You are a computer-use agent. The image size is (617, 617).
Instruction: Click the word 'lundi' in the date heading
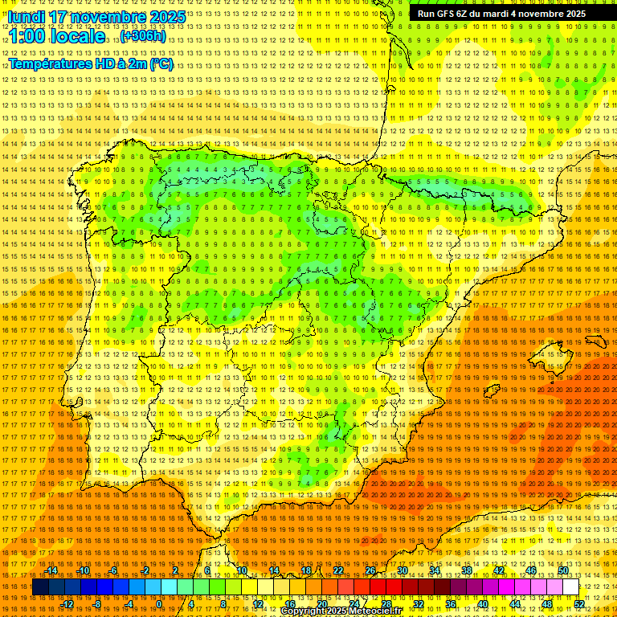click(x=26, y=17)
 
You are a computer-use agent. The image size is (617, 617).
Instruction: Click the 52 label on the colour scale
click(x=579, y=603)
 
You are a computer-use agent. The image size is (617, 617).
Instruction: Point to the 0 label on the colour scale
click(x=160, y=603)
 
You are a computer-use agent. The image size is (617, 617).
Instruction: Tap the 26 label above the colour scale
click(x=370, y=570)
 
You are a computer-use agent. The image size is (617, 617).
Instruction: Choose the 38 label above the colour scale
click(x=467, y=570)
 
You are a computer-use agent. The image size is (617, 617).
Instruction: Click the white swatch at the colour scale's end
click(x=571, y=587)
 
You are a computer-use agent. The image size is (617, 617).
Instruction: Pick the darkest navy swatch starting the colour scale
click(x=40, y=587)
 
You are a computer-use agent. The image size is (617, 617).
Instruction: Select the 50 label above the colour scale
click(x=563, y=570)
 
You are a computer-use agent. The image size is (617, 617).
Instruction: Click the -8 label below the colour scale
click(x=97, y=603)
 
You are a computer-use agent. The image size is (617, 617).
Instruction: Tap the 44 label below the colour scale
click(x=515, y=603)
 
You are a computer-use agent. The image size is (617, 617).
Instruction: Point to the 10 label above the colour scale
click(x=241, y=570)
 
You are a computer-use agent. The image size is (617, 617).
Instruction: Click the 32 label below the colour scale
click(x=419, y=603)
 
